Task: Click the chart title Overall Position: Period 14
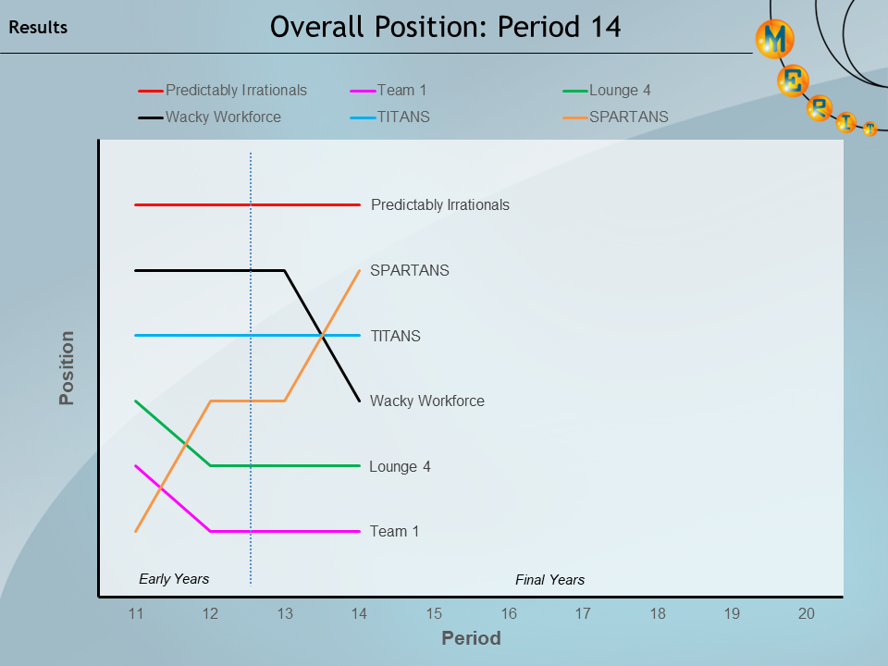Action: [x=445, y=27]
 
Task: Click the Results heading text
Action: [x=38, y=28]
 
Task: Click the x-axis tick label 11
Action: [x=135, y=613]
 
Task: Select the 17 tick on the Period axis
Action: [x=583, y=613]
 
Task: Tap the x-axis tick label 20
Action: [x=807, y=613]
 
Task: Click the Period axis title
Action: [x=471, y=638]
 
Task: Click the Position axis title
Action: [x=67, y=368]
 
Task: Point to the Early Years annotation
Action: [x=174, y=579]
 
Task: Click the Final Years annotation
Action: [x=549, y=580]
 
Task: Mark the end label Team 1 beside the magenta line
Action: [x=394, y=532]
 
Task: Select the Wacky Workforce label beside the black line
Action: [x=426, y=401]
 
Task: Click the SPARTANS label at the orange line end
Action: [x=409, y=271]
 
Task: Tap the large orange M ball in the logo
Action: [x=775, y=39]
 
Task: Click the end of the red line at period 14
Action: [x=359, y=204]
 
